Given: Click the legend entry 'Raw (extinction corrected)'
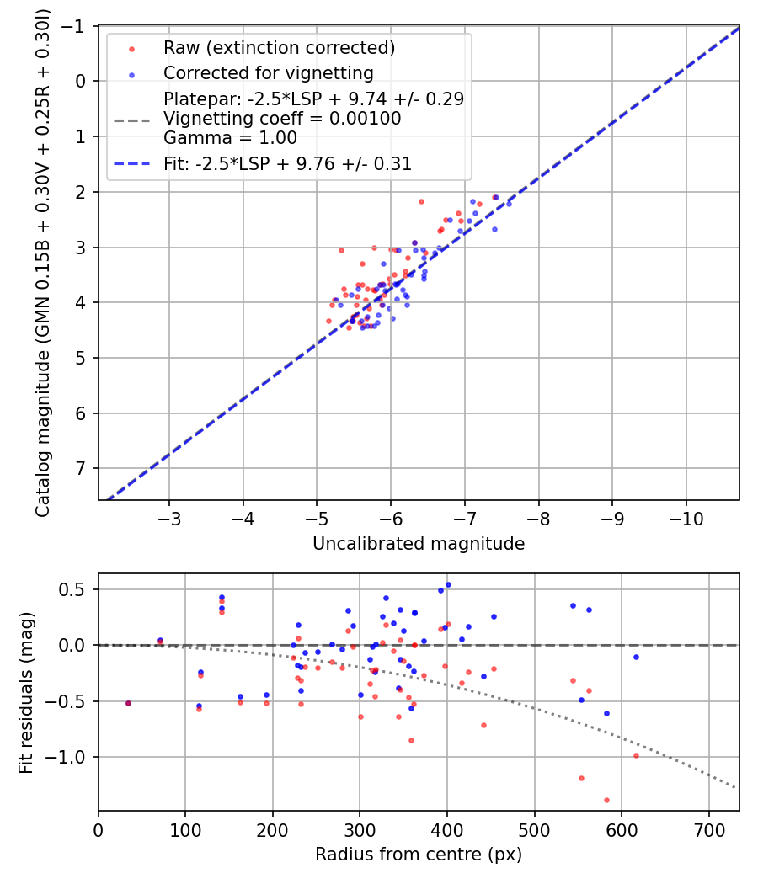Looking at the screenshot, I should coord(279,47).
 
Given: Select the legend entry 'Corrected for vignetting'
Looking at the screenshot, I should coord(269,72).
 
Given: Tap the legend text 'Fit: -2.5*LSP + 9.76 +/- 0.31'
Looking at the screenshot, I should coord(287,164).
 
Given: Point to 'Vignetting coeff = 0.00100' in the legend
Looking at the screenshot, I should coord(282,119).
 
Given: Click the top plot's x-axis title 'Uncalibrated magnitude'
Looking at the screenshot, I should coord(419,544).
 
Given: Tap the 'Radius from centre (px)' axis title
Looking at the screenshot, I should coord(419,855).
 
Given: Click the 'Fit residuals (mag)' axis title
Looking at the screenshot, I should coord(25,693).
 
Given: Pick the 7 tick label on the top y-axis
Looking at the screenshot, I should coord(82,468).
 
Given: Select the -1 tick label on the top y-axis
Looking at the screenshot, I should coord(77,26).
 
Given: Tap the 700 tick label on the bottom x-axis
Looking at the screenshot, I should coord(708,828).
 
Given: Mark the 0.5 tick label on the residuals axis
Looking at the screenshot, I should coord(77,589).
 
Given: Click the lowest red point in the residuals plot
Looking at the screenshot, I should coord(606,800).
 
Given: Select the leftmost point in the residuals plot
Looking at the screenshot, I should coord(128,703).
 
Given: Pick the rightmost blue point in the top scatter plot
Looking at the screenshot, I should coord(509,204).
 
